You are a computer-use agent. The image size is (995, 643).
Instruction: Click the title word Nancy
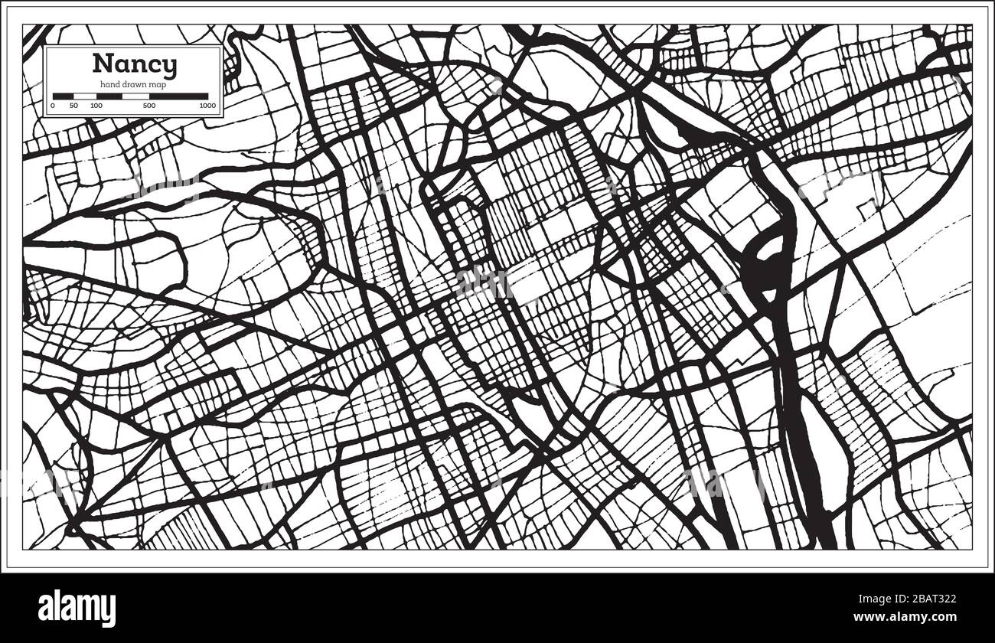(x=134, y=64)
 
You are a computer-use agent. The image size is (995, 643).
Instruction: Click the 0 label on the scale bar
(x=53, y=105)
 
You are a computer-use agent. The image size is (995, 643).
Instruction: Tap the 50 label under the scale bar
(x=73, y=105)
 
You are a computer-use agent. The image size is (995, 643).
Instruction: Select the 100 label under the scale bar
(x=96, y=105)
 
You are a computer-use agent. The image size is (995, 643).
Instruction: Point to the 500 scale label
(x=149, y=105)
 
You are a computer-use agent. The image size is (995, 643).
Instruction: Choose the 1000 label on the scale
(x=207, y=105)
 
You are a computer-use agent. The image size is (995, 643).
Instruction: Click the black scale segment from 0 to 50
(x=63, y=96)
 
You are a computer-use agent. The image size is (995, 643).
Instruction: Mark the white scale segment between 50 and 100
(x=84, y=96)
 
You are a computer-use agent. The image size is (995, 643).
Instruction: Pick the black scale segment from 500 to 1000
(x=179, y=96)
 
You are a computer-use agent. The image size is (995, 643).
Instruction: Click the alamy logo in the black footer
(x=77, y=609)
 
